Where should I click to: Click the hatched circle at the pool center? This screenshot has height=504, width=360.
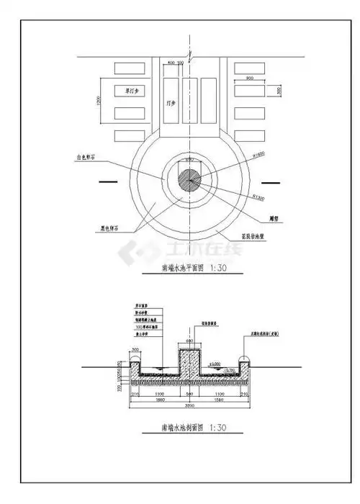[190, 179]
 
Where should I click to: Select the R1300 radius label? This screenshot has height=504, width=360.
[257, 196]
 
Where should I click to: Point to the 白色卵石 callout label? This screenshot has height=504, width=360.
[89, 156]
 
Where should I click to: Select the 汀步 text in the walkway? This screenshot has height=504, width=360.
[169, 104]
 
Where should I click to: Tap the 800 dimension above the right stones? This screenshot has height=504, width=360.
[249, 78]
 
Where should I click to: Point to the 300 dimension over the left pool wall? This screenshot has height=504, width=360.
[137, 351]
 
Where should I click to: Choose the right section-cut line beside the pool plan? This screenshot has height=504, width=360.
[271, 181]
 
